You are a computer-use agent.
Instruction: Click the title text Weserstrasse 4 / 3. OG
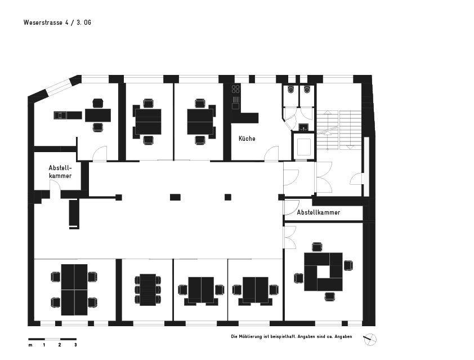(57, 23)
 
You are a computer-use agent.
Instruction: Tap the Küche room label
(247, 139)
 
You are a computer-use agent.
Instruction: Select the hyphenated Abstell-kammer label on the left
(60, 172)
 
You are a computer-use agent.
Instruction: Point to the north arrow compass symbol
(370, 339)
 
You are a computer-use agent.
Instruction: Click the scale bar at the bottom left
(52, 339)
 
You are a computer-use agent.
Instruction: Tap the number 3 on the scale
(75, 345)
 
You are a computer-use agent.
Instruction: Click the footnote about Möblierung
(291, 336)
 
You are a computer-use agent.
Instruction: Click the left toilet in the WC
(291, 90)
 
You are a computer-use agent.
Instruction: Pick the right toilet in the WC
(307, 90)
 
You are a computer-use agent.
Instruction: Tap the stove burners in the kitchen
(236, 88)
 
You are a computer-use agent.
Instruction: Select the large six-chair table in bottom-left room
(74, 290)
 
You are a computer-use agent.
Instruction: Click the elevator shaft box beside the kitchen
(303, 146)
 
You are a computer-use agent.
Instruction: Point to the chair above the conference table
(317, 247)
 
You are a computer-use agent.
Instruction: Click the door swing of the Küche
(272, 153)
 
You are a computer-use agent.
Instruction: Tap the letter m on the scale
(30, 345)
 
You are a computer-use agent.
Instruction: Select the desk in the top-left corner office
(97, 115)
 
